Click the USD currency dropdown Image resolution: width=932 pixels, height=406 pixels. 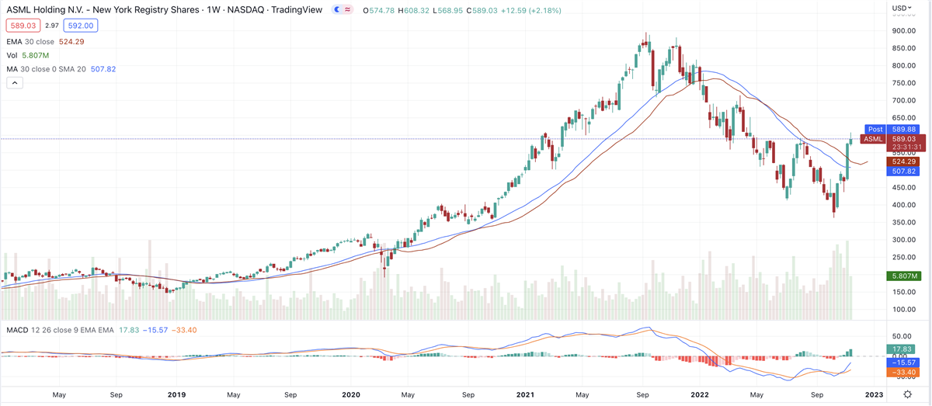tap(901, 9)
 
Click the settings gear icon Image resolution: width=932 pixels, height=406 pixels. tap(907, 394)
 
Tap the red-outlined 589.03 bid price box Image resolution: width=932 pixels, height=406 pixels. tap(19, 25)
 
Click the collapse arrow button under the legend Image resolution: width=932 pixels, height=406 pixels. tap(12, 83)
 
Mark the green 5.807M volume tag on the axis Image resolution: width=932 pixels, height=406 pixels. tap(903, 276)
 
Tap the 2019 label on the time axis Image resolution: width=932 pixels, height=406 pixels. tap(177, 394)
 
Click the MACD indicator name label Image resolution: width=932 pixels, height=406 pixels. tap(17, 331)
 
